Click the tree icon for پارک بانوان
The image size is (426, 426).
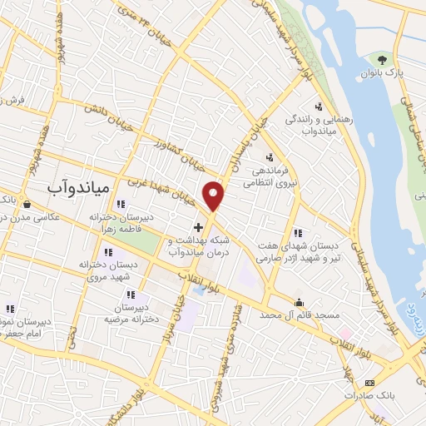point(381,59)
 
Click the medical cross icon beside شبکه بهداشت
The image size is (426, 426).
point(198,226)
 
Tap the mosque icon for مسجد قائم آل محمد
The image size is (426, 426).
point(299,302)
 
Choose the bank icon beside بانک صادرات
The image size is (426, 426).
point(370,383)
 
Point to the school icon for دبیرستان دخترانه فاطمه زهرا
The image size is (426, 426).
point(120,205)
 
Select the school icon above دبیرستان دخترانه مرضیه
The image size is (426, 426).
point(131,295)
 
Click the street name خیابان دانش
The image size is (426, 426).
point(113,109)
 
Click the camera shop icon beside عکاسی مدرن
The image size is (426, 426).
point(27,204)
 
